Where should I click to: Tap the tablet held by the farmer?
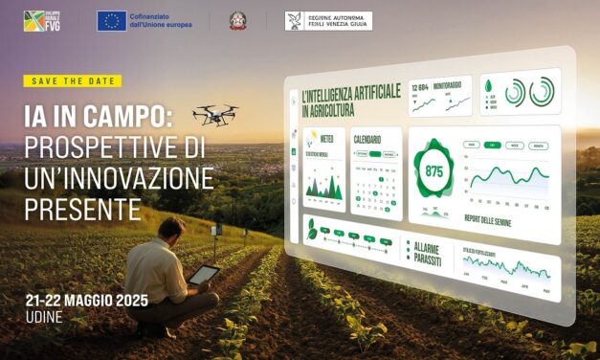pyautogui.click(x=204, y=276)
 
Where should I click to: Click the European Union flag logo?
pyautogui.click(x=112, y=21)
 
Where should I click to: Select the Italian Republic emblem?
pyautogui.click(x=237, y=21)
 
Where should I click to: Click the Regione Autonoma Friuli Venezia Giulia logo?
pyautogui.click(x=328, y=21)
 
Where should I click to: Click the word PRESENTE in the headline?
pyautogui.click(x=82, y=208)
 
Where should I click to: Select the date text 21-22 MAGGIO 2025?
pyautogui.click(x=87, y=300)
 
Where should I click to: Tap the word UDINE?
pyautogui.click(x=45, y=317)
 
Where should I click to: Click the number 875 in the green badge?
pyautogui.click(x=434, y=172)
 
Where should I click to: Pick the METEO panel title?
pyautogui.click(x=334, y=138)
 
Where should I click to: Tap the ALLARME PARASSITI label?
pyautogui.click(x=427, y=252)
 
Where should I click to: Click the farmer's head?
pyautogui.click(x=172, y=228)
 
